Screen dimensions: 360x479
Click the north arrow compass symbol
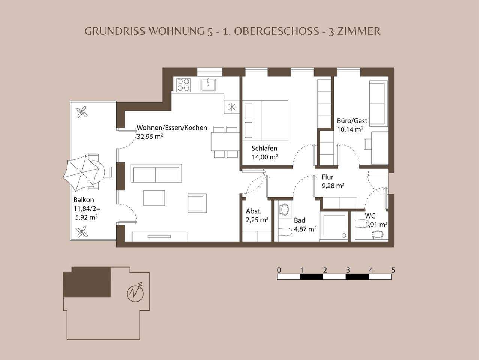135,293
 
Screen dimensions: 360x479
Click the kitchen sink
208,85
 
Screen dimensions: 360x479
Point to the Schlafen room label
264,148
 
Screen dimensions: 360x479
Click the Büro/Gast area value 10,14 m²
350,129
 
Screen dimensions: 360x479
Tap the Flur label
327,177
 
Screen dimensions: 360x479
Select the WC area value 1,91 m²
377,225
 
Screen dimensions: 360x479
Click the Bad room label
300,220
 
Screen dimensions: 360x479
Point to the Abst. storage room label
254,211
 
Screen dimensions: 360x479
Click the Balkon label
84,200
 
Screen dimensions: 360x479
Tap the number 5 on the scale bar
393,270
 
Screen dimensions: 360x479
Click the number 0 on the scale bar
279,270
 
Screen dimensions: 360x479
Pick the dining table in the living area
225,141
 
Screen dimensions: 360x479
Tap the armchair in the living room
197,203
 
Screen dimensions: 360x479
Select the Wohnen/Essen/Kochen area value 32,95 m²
150,136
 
